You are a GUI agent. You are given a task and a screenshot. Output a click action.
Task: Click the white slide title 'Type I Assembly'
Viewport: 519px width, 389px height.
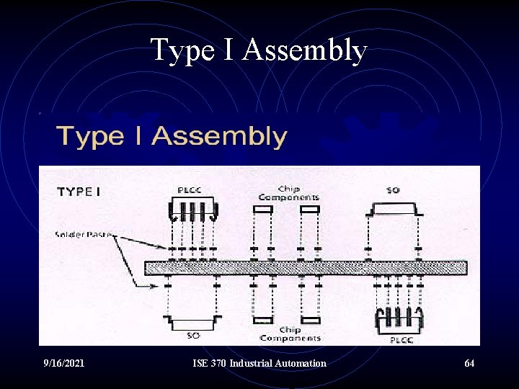point(259,51)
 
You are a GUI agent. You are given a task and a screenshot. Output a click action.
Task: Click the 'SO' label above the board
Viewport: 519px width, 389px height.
point(393,190)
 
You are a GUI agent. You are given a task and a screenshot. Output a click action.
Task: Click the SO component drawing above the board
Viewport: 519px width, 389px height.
point(393,209)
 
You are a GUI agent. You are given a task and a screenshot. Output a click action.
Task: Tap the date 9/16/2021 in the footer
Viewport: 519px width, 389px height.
point(64,363)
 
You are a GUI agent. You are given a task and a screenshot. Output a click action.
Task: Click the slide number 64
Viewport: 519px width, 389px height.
point(469,363)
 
